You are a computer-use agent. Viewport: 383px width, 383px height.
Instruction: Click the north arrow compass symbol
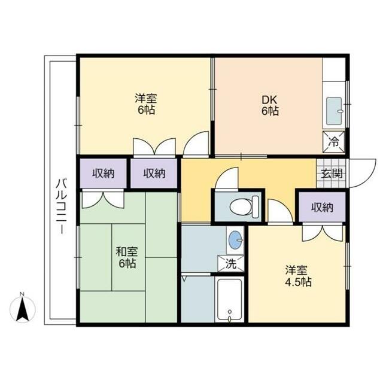25,308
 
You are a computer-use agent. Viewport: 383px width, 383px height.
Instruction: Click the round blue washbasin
235,240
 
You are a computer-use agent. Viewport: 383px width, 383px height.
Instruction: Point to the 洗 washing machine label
230,262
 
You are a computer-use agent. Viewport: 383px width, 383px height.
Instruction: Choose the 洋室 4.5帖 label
297,276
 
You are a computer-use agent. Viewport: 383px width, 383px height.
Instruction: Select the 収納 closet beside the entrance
321,207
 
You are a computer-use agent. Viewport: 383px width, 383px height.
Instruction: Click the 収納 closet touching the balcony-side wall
102,174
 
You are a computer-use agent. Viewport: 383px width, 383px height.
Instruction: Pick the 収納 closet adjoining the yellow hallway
154,174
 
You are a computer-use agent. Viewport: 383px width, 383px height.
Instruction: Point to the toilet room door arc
228,179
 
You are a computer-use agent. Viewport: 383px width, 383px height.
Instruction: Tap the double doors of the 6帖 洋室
154,147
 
